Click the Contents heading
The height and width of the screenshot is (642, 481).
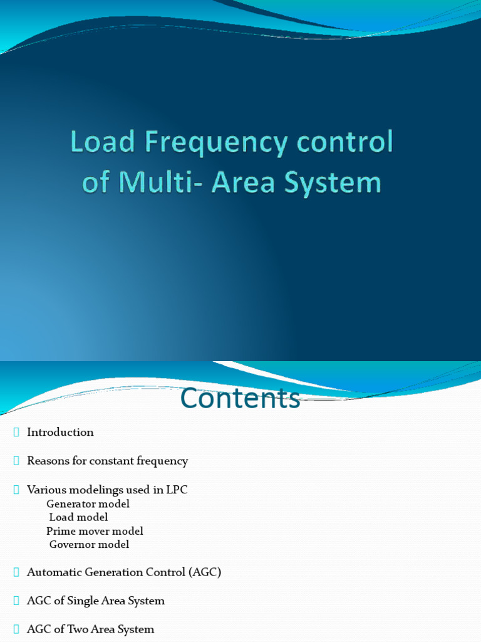point(240,399)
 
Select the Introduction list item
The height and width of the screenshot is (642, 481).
point(60,432)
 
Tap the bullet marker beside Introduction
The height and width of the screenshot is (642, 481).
point(16,432)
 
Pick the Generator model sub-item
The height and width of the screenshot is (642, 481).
point(88,503)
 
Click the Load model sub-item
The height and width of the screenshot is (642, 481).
point(78,517)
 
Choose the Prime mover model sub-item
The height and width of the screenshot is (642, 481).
point(95,531)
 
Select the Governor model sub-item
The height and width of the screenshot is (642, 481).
point(89,544)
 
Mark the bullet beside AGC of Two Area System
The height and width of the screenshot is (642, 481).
point(16,629)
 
